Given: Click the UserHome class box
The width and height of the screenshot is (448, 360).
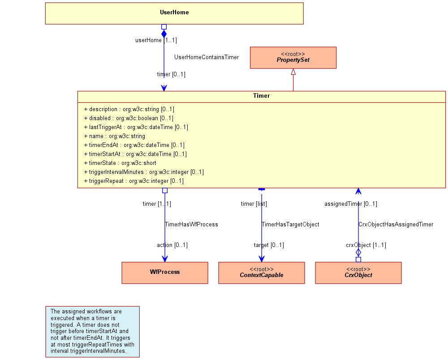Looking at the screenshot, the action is point(174,13).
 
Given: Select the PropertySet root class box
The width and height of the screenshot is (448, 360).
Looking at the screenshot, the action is point(293,58).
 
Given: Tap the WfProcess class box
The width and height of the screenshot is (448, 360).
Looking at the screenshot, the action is point(165,273).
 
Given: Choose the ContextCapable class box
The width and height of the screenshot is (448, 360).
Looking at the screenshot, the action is point(262,273).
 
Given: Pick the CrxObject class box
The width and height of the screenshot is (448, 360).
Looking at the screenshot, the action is point(358,273).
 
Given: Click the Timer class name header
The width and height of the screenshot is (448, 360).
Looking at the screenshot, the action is point(262,96).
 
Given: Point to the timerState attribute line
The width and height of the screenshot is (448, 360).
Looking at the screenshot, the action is point(120,163).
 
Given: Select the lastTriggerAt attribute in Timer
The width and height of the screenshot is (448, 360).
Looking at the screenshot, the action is point(136,127).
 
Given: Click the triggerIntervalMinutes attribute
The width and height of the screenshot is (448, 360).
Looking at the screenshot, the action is point(144,172).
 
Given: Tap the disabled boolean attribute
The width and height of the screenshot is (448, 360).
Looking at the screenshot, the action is point(129,118).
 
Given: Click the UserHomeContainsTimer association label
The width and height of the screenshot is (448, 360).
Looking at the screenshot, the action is point(207,57).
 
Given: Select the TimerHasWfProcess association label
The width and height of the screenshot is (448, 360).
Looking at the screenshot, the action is point(191,225).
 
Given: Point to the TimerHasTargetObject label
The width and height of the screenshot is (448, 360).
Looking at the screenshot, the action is point(290,225).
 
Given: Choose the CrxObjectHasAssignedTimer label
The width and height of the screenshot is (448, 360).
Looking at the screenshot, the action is point(396,225).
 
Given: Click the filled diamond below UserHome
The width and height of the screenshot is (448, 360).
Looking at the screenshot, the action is point(164,34).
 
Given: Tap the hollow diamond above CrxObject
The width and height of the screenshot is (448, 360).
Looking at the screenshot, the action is point(358,252).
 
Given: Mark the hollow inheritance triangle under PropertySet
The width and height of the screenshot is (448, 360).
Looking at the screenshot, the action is point(293,72).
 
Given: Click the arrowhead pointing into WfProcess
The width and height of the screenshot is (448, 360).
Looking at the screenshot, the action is point(165,259).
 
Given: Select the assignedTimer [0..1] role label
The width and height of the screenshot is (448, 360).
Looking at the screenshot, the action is point(351,204).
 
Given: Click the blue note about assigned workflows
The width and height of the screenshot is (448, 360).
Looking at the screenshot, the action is point(93,332).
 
